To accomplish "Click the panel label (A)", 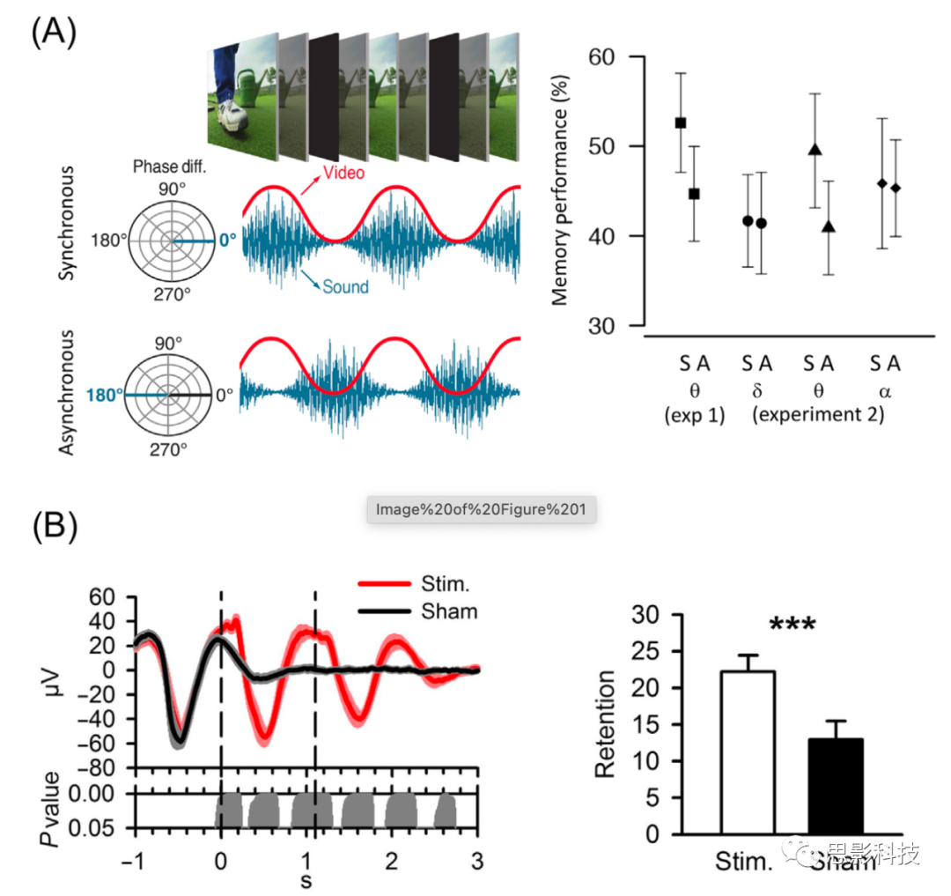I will pos(54,33).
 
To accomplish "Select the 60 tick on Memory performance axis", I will pos(621,57).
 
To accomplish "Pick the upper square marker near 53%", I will pos(681,123).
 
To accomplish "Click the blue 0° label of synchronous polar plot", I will pos(229,240).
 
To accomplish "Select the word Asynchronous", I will pos(70,393).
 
